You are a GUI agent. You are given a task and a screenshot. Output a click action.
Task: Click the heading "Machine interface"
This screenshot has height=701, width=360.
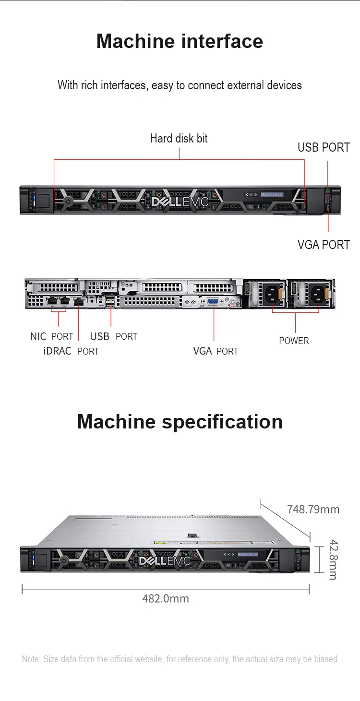pyautogui.click(x=180, y=41)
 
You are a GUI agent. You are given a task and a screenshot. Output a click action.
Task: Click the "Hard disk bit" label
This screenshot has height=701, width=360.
pyautogui.click(x=179, y=139)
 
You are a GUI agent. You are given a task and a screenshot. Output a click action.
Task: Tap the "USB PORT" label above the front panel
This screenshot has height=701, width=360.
pyautogui.click(x=324, y=147)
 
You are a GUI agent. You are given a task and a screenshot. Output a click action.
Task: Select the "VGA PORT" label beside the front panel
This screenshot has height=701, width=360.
pyautogui.click(x=324, y=245)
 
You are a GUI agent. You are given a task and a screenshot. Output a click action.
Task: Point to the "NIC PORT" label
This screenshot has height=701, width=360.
pyautogui.click(x=51, y=336)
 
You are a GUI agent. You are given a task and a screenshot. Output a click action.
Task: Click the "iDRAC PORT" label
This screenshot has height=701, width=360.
pyautogui.click(x=71, y=351)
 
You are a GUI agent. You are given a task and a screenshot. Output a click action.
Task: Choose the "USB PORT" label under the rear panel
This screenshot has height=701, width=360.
pyautogui.click(x=114, y=336)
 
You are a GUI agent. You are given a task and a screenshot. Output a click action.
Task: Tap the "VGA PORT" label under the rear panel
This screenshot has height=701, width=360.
pyautogui.click(x=216, y=351)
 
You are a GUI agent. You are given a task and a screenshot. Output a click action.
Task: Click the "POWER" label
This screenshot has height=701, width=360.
pyautogui.click(x=294, y=341)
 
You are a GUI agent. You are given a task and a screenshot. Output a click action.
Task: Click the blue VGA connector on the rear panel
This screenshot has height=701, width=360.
pyautogui.click(x=212, y=302)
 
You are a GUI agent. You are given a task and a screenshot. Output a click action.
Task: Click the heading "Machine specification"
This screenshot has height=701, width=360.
pyautogui.click(x=180, y=422)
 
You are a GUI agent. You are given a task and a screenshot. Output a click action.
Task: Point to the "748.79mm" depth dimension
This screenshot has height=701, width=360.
pyautogui.click(x=313, y=509)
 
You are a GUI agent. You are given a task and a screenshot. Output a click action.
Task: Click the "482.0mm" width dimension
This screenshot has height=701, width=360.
pyautogui.click(x=166, y=598)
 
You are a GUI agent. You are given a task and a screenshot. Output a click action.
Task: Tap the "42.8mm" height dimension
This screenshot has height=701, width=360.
pyautogui.click(x=333, y=560)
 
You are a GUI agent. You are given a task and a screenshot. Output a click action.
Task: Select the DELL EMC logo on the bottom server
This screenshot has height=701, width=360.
pyautogui.click(x=165, y=561)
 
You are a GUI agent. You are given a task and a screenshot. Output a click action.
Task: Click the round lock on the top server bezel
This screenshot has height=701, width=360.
pyautogui.click(x=67, y=201)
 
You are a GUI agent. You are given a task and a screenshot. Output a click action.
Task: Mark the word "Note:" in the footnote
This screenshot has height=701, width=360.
pyautogui.click(x=32, y=659)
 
